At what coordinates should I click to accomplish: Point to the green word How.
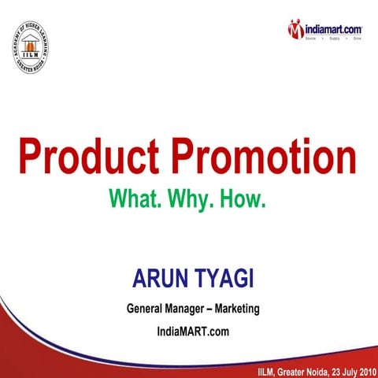(244, 196)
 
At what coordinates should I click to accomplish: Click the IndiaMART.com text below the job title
(193, 332)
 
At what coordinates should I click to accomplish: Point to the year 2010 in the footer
(360, 370)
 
